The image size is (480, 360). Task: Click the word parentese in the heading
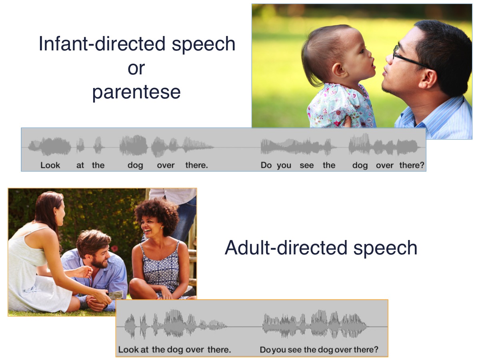(x=136, y=92)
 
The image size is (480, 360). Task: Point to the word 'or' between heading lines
(x=136, y=68)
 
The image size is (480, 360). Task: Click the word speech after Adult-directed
(x=385, y=248)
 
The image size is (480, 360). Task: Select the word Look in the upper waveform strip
(x=50, y=165)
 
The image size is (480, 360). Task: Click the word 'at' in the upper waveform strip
(x=80, y=165)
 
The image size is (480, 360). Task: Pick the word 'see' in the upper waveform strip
(x=306, y=165)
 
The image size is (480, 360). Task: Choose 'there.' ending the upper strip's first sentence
(x=196, y=165)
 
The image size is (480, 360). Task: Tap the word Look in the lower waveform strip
(x=128, y=350)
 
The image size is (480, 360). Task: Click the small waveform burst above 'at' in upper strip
(x=80, y=146)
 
